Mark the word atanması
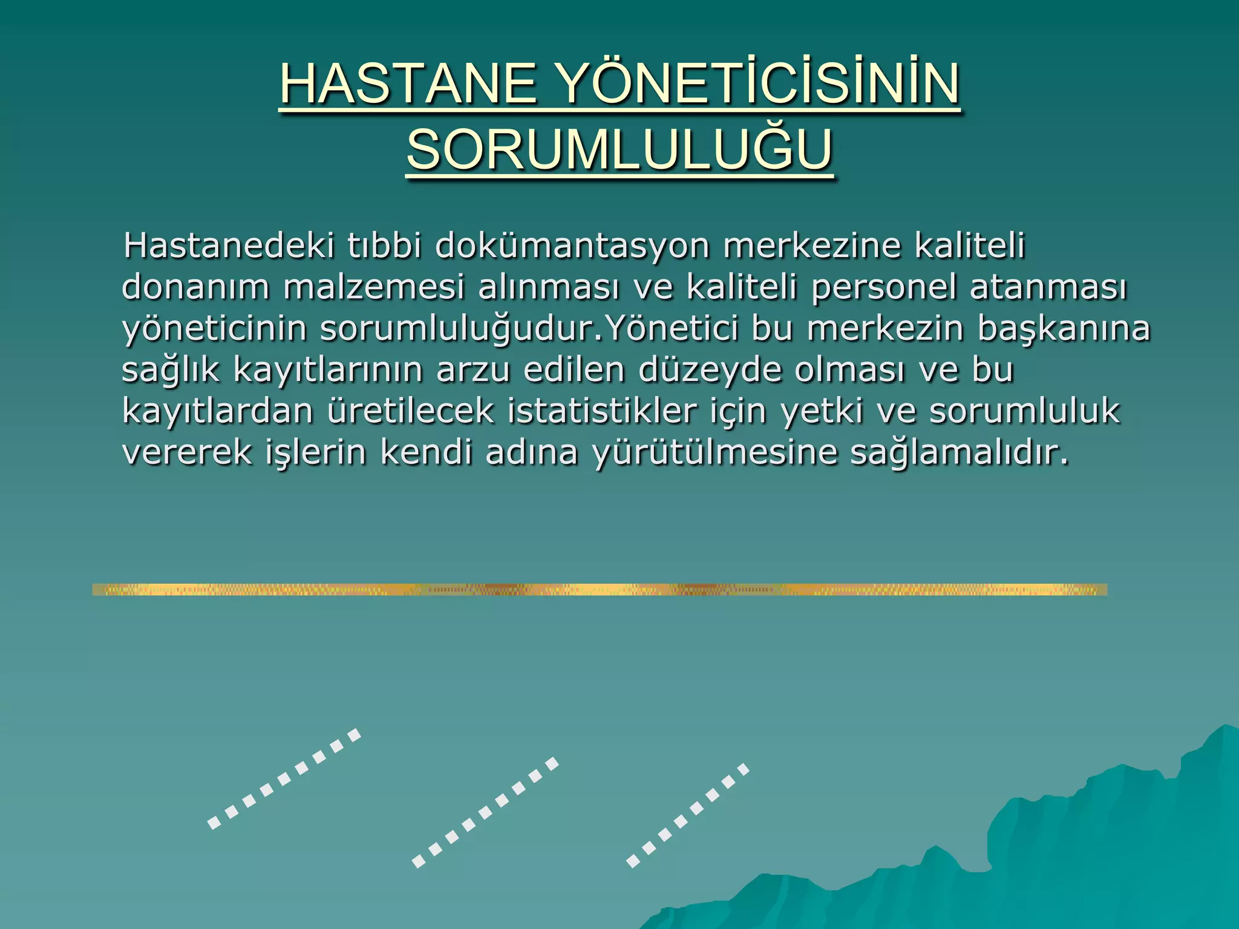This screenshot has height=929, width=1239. click(1048, 287)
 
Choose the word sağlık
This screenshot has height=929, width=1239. click(171, 370)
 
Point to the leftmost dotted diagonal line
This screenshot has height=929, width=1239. click(284, 778)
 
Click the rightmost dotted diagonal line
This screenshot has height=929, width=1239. click(688, 816)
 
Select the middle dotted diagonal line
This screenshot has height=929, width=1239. click(485, 812)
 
